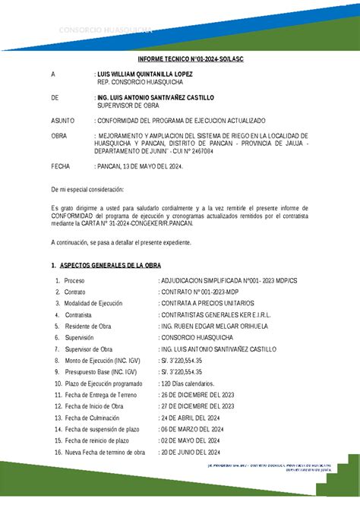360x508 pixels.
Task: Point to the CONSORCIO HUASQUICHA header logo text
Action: pos(106,30)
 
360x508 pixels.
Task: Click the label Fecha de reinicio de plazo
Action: pos(99,440)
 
